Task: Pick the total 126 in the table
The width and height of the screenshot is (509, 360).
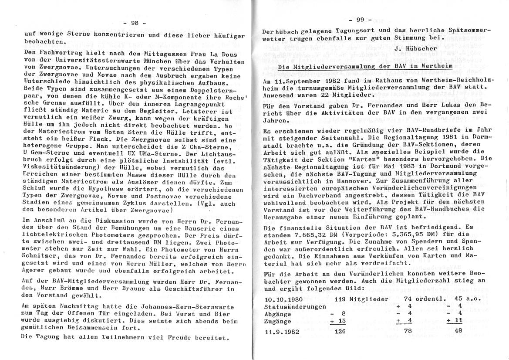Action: (x=341, y=330)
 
